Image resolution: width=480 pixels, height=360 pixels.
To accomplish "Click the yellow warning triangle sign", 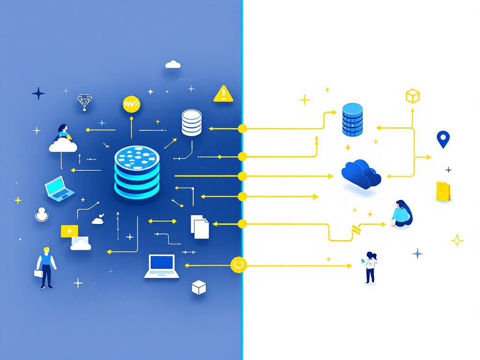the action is (x=224, y=94).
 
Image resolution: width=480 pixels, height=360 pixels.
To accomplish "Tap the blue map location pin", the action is (x=442, y=139).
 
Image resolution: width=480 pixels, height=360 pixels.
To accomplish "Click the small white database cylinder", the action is (x=191, y=123).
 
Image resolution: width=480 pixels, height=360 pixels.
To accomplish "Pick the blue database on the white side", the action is (x=352, y=120).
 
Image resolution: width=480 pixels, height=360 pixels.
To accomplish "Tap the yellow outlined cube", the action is (x=412, y=96).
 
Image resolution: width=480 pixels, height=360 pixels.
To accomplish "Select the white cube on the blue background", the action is (x=199, y=287).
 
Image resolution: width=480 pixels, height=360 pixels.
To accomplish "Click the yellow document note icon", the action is (x=443, y=192).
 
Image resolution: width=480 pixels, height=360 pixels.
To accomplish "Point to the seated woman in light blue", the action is (x=402, y=214).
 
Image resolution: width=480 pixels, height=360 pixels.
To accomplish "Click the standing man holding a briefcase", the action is (x=46, y=267).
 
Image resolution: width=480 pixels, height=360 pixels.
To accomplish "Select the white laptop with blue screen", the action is (x=162, y=266).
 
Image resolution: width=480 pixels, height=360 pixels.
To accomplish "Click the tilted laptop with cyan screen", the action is (x=59, y=188).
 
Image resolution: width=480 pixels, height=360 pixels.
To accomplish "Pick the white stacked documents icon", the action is (x=200, y=226).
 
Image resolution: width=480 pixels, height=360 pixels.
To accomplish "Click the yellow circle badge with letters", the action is (x=131, y=104).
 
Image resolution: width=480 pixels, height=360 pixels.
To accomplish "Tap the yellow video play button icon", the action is (x=69, y=231).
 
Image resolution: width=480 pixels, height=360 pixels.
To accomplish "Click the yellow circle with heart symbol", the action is (x=239, y=265).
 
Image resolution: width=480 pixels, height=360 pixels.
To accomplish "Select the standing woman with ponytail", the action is (x=370, y=267).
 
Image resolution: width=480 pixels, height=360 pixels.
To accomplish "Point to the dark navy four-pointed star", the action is (x=38, y=93).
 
